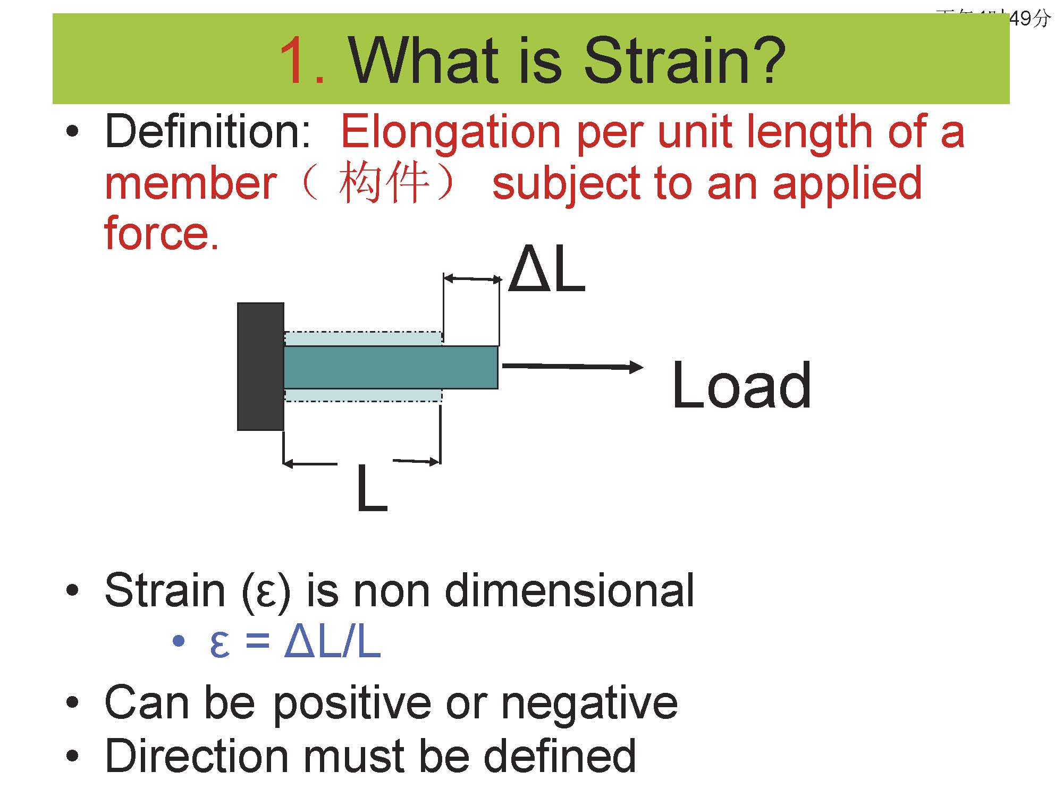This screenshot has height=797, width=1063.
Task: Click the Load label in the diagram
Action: (x=741, y=385)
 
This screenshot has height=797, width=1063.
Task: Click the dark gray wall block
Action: (x=260, y=366)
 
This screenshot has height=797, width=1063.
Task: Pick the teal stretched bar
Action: (x=391, y=367)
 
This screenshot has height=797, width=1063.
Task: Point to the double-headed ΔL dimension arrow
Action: (x=472, y=278)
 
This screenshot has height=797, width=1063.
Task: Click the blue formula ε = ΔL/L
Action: (x=296, y=642)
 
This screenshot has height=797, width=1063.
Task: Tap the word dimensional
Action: (x=569, y=590)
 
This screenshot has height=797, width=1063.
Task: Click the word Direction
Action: (x=197, y=756)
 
